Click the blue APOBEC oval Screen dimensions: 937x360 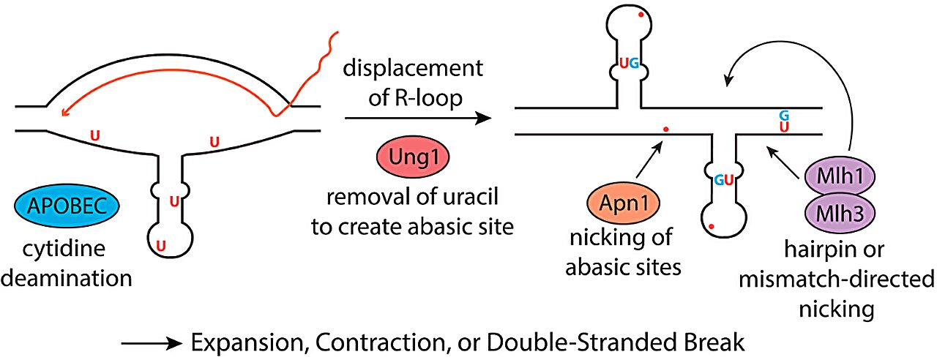tap(67, 206)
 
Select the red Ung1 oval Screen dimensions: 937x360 tap(414, 157)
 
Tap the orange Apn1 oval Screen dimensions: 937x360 tap(624, 203)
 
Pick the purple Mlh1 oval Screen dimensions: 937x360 tap(840, 176)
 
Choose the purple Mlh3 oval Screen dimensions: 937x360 tap(840, 213)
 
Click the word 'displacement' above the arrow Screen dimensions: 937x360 tap(413, 68)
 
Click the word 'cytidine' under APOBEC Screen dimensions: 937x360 tap(64, 250)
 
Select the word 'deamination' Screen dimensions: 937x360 tap(67, 279)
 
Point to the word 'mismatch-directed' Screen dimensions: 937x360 tap(837, 280)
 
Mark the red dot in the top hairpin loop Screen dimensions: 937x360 tap(641, 15)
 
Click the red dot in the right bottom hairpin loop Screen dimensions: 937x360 tap(711, 227)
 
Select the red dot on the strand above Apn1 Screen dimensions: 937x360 tap(666, 130)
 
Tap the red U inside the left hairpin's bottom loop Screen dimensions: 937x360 tap(160, 246)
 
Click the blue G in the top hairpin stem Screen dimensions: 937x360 tap(635, 64)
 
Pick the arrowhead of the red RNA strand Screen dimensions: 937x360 tap(64, 112)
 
